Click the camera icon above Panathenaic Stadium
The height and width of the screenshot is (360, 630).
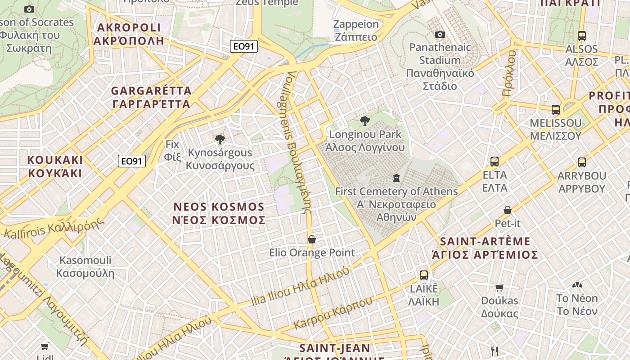[x=440, y=35]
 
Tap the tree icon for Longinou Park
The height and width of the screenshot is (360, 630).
[x=365, y=121]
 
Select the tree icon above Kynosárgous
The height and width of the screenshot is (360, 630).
[x=220, y=139]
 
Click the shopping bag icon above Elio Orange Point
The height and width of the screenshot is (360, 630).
[x=311, y=239]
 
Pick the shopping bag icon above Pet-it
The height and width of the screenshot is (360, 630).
[x=508, y=210]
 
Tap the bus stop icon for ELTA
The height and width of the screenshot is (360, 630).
[x=495, y=162]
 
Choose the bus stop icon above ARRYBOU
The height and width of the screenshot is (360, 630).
[x=581, y=162]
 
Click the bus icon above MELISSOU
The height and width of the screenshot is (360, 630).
[x=556, y=110]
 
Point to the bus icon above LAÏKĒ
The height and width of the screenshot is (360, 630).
[x=423, y=275]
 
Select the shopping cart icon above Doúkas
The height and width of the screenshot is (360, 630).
[x=499, y=288]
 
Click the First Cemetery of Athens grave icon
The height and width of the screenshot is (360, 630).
[x=396, y=178]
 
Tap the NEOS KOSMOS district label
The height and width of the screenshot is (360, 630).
[x=219, y=213]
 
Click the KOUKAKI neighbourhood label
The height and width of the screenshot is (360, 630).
[x=55, y=166]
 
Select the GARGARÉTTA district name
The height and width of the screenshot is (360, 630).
[x=151, y=97]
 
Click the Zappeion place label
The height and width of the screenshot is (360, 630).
[x=356, y=31]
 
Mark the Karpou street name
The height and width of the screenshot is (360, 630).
[x=333, y=312]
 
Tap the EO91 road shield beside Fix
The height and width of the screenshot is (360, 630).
[x=132, y=161]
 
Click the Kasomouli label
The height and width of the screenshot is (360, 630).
[x=85, y=266]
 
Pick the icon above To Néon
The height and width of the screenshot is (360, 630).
[x=577, y=285]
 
